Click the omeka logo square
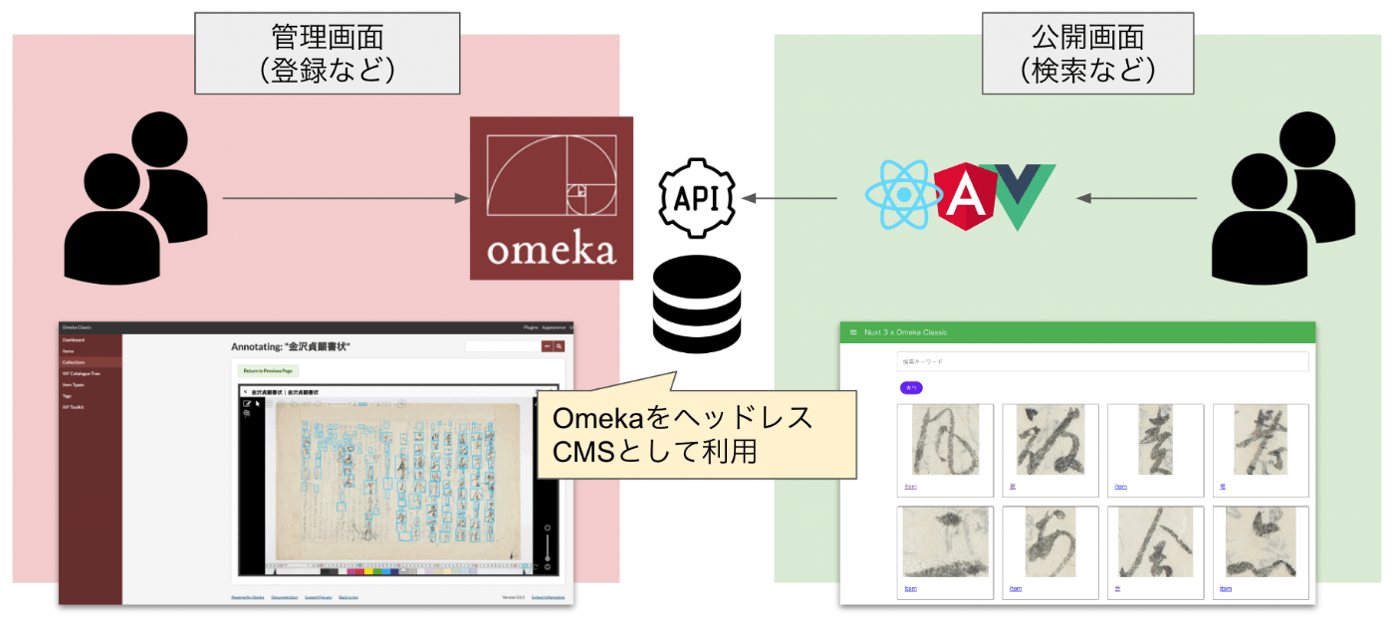[x=551, y=198]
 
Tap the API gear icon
[x=696, y=197]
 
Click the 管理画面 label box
[x=328, y=54]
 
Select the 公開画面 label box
[x=1087, y=54]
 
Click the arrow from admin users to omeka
[x=345, y=199]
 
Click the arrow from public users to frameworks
[x=1136, y=199]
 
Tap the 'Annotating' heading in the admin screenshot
[x=291, y=346]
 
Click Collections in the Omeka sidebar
[x=75, y=362]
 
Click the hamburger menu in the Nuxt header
[x=852, y=332]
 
